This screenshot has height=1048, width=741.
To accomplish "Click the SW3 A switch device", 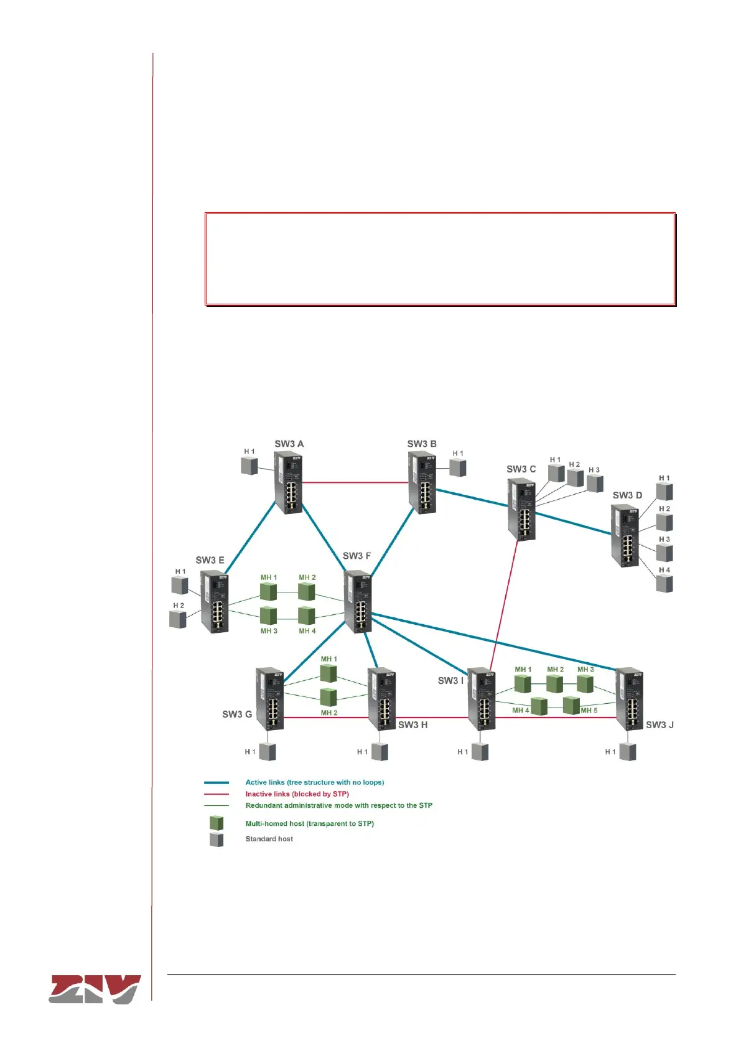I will tap(289, 483).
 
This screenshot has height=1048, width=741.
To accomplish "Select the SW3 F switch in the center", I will tap(358, 602).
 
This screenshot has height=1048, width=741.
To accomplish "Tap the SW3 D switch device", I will tap(625, 535).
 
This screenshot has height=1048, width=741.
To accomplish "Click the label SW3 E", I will tap(210, 560).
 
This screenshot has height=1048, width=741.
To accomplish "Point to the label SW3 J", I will tap(659, 725).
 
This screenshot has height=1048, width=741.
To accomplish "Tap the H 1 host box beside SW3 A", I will tap(249, 466).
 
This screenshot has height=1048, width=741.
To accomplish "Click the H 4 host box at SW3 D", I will tap(664, 584).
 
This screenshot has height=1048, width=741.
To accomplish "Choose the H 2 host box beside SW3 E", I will tap(178, 619).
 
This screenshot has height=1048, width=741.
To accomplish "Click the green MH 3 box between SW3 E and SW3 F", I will tap(269, 615).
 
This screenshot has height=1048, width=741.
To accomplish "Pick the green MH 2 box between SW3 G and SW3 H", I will tap(329, 697).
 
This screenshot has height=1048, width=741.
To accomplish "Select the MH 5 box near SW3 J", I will tap(571, 706).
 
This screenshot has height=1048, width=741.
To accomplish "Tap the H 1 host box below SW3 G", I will tap(268, 752).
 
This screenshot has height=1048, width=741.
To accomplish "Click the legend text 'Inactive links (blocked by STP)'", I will tap(297, 794).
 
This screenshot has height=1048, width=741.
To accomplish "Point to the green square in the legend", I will tap(217, 823).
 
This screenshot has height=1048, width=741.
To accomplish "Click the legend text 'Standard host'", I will tap(269, 839).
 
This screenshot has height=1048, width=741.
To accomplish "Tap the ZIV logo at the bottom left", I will tap(95, 989).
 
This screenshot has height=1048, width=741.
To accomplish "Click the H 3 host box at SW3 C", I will tap(595, 484).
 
